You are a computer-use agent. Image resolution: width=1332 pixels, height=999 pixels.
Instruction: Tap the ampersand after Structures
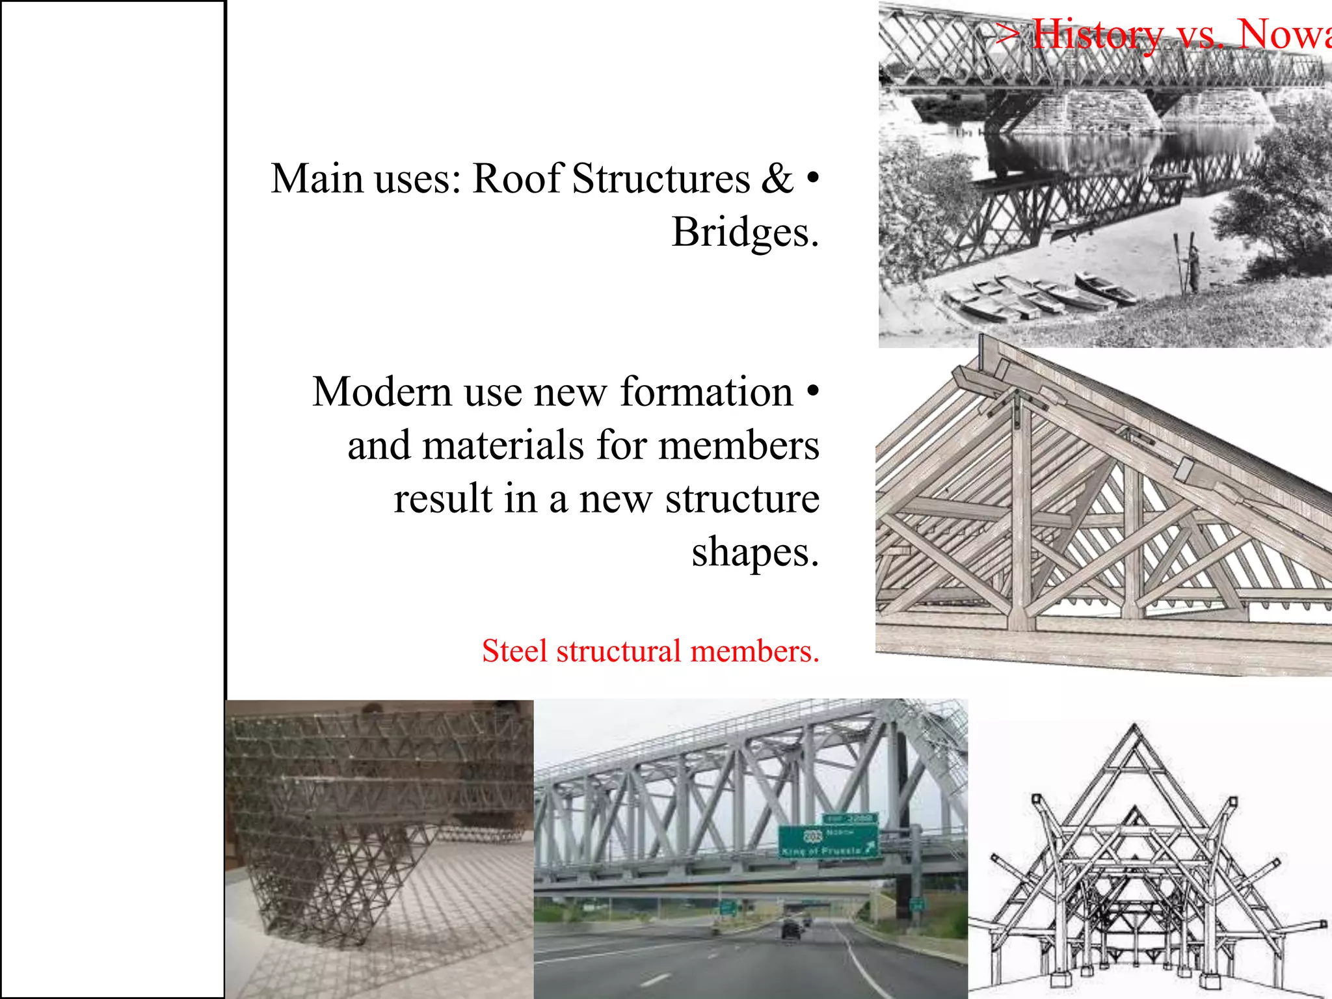tap(777, 179)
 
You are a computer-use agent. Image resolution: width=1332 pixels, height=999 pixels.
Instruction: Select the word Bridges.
tap(744, 233)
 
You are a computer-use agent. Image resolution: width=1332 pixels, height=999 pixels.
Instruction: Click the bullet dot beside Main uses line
tap(812, 176)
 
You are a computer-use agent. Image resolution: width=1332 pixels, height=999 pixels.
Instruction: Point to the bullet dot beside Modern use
tap(812, 390)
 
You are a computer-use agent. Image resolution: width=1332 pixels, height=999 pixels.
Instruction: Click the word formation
tap(706, 392)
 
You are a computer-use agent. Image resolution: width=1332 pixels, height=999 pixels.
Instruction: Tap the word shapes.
tap(754, 553)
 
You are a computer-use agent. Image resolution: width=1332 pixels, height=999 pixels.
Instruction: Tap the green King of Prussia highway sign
tap(829, 842)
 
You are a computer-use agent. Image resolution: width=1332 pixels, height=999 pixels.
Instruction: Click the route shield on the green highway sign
tap(813, 835)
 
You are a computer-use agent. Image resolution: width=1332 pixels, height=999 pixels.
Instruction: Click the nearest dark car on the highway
tap(792, 930)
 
